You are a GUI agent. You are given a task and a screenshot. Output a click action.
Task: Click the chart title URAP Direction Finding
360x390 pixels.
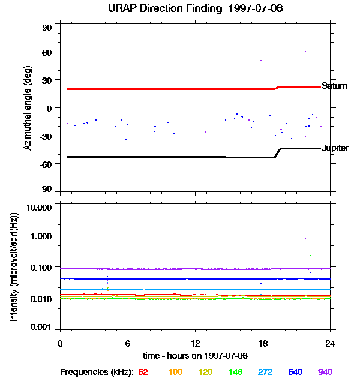coord(187,9)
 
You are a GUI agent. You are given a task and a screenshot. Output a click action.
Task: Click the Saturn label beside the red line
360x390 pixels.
coord(334,86)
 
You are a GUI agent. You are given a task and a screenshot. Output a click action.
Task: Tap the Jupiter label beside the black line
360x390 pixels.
coord(335,148)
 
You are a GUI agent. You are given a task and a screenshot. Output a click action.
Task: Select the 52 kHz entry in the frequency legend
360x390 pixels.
coord(143,372)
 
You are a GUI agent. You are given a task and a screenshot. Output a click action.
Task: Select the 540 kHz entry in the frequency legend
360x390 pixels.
coord(295,372)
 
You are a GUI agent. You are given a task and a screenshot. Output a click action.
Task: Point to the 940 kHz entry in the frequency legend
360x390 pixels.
coord(325,372)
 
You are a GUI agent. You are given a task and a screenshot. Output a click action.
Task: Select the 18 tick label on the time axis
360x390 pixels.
coord(262,343)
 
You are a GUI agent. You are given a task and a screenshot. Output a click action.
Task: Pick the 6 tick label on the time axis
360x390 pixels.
coord(127,343)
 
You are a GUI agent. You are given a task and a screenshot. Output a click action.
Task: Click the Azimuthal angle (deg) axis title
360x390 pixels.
coord(28,107)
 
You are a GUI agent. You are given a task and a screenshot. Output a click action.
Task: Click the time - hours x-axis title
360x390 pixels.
coord(195,355)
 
